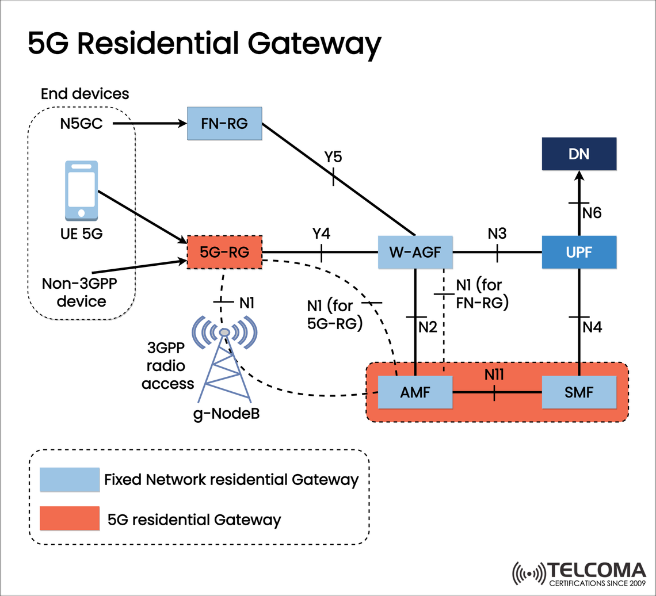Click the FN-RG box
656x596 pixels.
(225, 123)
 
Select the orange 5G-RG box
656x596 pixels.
(225, 252)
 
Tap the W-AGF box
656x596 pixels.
(415, 252)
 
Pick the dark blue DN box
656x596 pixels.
(579, 154)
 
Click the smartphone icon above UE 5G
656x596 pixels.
(81, 190)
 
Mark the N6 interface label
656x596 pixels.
(592, 213)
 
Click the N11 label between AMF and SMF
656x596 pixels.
(494, 375)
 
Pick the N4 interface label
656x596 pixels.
(592, 327)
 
